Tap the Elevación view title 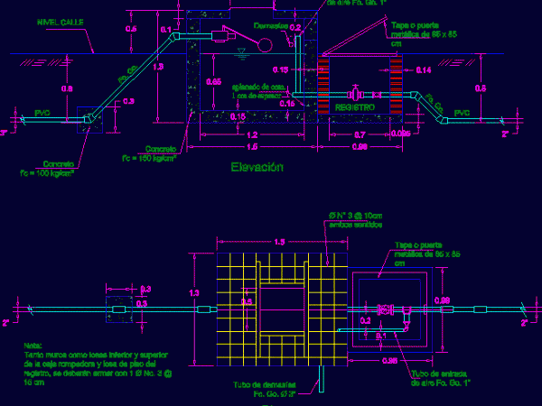pos(257,167)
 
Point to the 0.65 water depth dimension pos(213,82)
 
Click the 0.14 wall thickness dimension pos(424,70)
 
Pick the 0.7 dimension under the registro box pos(360,134)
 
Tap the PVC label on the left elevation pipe pos(42,113)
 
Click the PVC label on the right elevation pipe pos(462,113)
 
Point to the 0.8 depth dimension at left pos(66,89)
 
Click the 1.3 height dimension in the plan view pos(193,292)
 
